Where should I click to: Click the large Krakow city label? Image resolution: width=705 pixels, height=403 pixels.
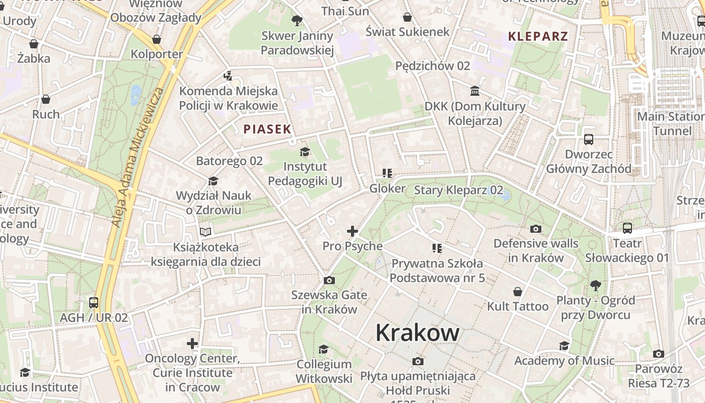coord(417,332)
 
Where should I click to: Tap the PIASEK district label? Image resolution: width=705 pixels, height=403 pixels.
coord(267,129)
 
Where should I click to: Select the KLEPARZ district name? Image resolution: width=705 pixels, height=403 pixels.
coord(538,36)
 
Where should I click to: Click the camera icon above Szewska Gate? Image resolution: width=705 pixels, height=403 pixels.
coord(329,281)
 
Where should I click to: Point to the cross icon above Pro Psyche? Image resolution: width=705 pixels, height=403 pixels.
coord(352,231)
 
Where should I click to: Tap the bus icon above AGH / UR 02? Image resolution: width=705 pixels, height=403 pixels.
coord(94,303)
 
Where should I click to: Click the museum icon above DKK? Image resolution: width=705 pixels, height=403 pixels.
coord(475,91)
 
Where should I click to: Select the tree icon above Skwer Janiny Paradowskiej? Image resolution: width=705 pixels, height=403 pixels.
coord(297,21)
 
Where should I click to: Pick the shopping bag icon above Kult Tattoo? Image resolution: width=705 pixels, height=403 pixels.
coord(518,292)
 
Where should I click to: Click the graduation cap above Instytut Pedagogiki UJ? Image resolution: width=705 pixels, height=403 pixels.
coord(305,152)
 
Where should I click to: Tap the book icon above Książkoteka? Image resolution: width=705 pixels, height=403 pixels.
coord(205,232)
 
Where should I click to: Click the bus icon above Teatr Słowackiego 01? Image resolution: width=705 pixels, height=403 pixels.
coord(627,228)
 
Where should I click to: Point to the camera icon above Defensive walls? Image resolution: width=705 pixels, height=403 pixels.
coord(536,229)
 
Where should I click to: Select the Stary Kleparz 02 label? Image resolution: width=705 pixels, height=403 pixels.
coord(458,190)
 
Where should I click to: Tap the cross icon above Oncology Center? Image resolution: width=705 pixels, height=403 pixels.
coord(192,344)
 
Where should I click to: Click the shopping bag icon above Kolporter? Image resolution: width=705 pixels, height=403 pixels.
coord(157,39)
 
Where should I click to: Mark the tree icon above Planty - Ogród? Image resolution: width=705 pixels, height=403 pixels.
coord(596,286)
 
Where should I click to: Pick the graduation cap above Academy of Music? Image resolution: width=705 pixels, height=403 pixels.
coord(565,346)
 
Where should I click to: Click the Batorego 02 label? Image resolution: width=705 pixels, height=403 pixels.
coord(229,161)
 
